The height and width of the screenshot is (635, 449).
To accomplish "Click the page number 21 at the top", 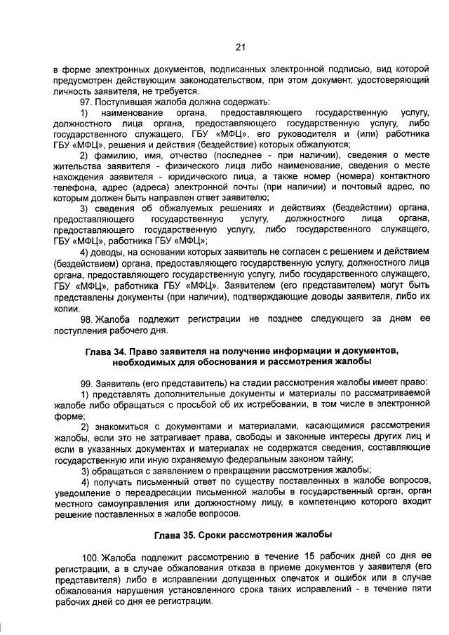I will [240, 47].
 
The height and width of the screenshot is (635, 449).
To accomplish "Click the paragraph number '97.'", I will [88, 102].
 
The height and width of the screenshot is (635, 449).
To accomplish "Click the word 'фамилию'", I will [113, 155].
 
